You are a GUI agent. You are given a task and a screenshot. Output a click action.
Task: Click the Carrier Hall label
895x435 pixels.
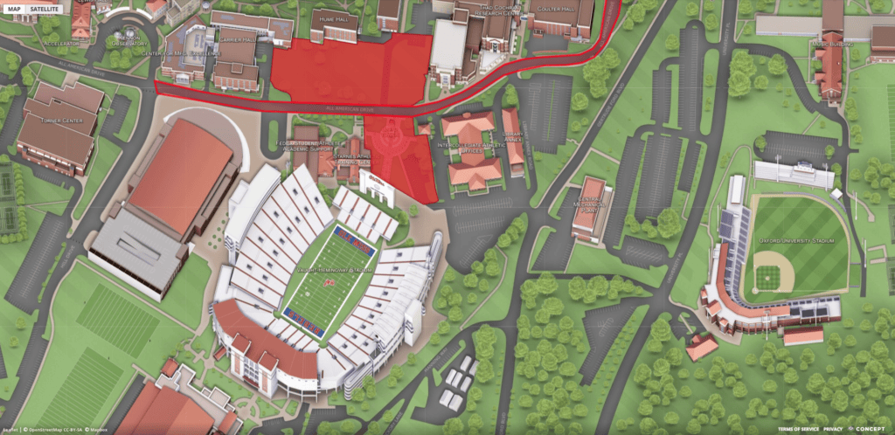[237, 39]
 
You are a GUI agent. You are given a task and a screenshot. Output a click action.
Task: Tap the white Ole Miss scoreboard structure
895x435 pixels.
[376, 186]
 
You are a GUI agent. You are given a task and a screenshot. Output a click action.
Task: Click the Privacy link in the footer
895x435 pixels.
[832, 429]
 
